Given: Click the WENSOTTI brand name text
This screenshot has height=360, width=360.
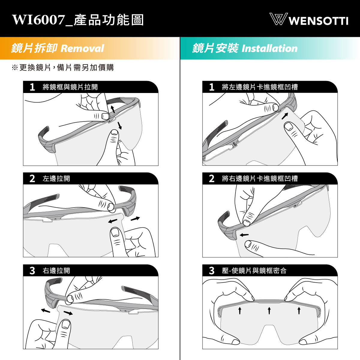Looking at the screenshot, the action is (x=318, y=21).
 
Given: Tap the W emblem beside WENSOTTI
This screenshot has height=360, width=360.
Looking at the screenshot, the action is (x=277, y=19).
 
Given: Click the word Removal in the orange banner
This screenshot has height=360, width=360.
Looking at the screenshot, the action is (x=82, y=48).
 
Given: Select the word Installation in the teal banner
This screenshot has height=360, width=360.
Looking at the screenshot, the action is (x=270, y=48).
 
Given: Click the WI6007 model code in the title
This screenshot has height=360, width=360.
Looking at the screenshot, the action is (x=38, y=20).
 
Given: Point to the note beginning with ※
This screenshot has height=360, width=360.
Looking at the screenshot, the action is (x=63, y=67).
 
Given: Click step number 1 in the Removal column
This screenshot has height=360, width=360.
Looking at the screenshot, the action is (x=32, y=87).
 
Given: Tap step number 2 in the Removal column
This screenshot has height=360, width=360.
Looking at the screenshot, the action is (x=32, y=178).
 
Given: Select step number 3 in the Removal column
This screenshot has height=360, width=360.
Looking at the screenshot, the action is (x=32, y=271).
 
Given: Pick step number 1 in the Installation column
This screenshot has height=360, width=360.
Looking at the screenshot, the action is (x=212, y=87).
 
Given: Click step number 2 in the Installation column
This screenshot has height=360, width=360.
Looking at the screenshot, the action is (x=212, y=178).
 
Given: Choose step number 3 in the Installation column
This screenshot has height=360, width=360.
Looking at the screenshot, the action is (x=212, y=271).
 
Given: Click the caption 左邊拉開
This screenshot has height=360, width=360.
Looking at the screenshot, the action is (x=56, y=178).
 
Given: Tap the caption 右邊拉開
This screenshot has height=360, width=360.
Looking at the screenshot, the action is (x=56, y=271).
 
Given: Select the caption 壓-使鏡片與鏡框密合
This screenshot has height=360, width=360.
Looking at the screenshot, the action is (x=254, y=271).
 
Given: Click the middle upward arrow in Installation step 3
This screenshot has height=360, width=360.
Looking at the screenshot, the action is (x=269, y=310).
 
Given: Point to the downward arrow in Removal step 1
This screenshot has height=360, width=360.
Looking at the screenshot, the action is (x=120, y=125).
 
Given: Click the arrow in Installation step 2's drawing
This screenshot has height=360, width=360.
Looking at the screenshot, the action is (x=244, y=235).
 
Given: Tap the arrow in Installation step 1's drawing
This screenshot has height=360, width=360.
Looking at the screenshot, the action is (x=285, y=116).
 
